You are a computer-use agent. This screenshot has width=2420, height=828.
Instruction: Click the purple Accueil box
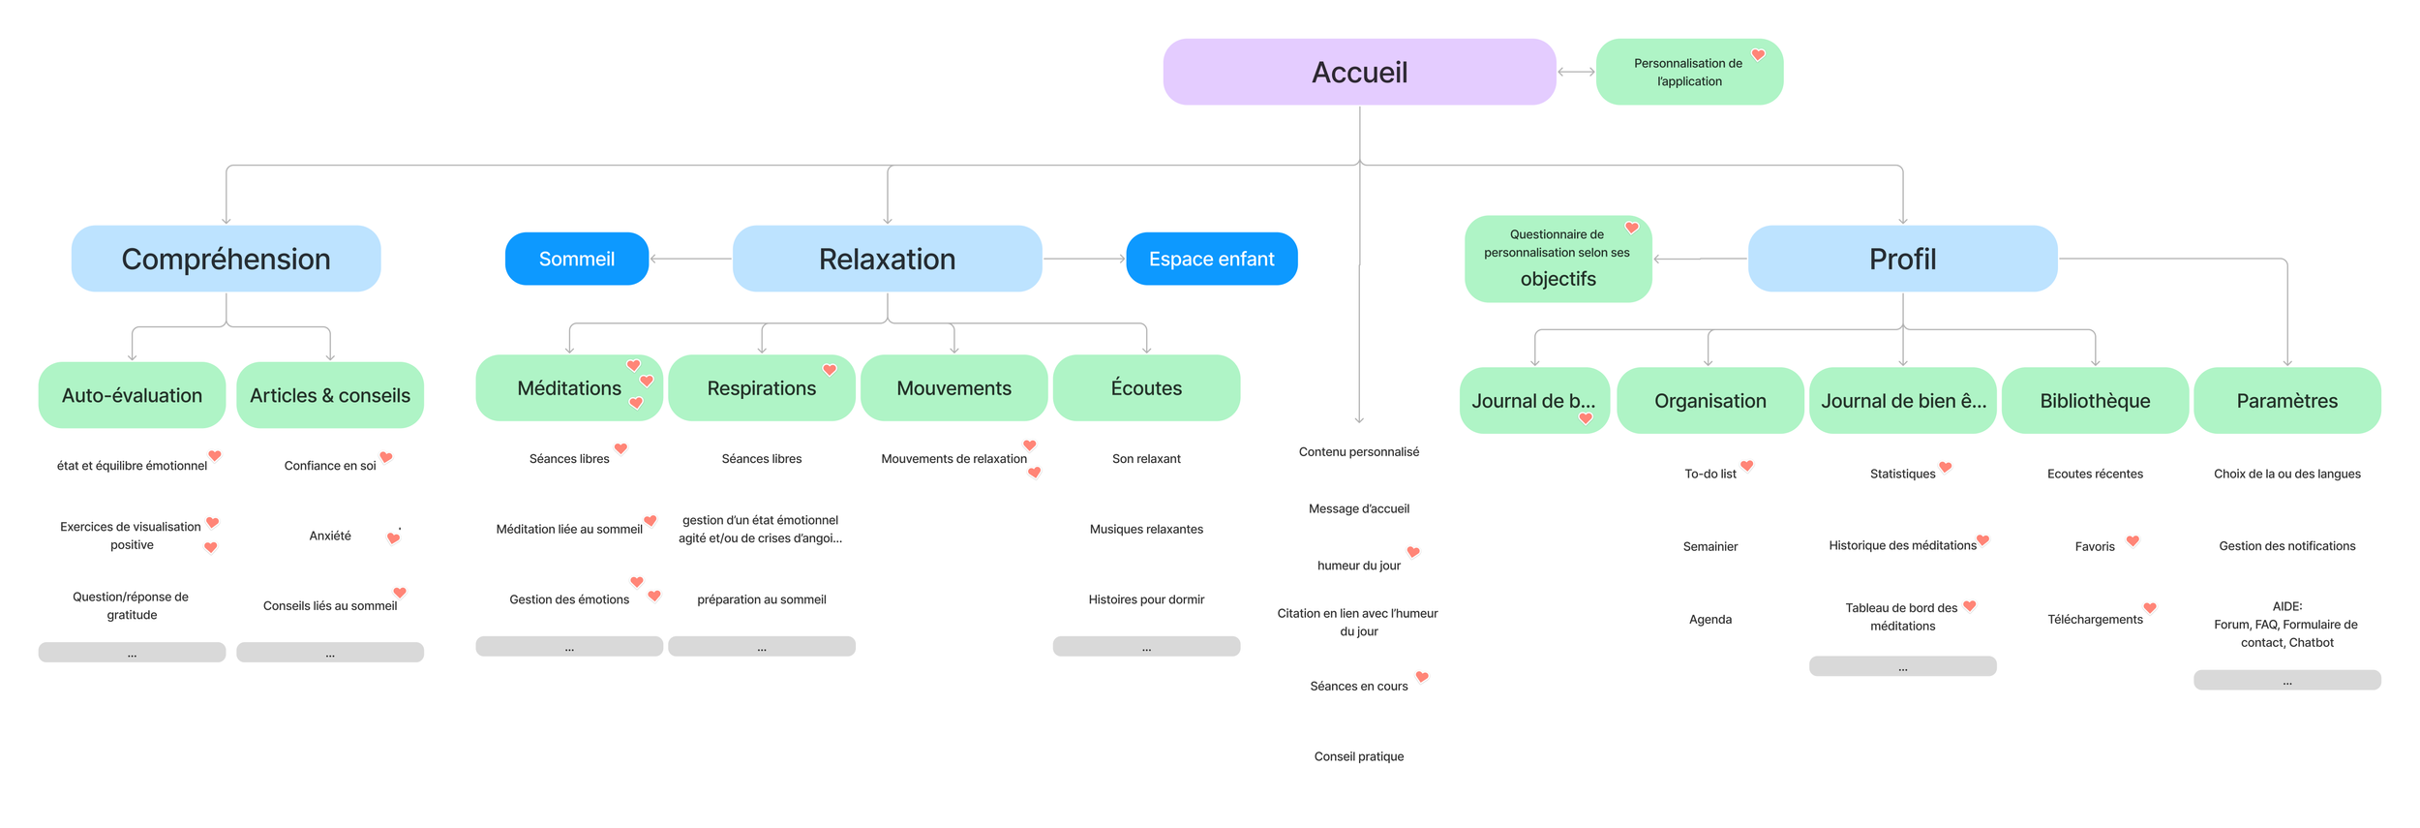[1358, 72]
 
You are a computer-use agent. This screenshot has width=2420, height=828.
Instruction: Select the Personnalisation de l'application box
[1688, 72]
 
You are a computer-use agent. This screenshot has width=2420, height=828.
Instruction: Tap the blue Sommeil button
[576, 259]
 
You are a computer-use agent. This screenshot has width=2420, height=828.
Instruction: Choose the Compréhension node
[226, 259]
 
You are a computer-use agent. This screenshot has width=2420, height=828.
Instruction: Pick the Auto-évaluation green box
[132, 395]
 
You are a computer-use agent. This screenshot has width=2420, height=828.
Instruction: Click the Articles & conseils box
[329, 395]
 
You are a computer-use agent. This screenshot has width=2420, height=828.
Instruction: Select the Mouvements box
[953, 388]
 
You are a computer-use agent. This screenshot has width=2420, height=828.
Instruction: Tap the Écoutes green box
[1146, 388]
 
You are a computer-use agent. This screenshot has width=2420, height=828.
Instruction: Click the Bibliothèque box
[2094, 401]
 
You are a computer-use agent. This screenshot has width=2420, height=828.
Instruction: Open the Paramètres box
[2286, 401]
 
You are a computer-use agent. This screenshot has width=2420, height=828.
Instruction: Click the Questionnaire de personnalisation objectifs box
[1557, 259]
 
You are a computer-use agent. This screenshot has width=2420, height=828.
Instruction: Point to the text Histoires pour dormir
[1146, 599]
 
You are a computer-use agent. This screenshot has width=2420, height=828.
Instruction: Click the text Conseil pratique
[1358, 756]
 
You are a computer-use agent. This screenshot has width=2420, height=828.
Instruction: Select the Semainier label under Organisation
[1709, 546]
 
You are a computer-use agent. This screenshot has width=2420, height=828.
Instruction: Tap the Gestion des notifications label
[2286, 546]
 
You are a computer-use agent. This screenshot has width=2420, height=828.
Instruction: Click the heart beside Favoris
[2133, 540]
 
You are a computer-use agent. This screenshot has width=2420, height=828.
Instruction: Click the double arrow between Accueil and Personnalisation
[1576, 72]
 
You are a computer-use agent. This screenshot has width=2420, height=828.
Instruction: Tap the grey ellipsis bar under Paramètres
[2286, 680]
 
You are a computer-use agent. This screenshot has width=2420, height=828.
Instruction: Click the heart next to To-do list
[1746, 466]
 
